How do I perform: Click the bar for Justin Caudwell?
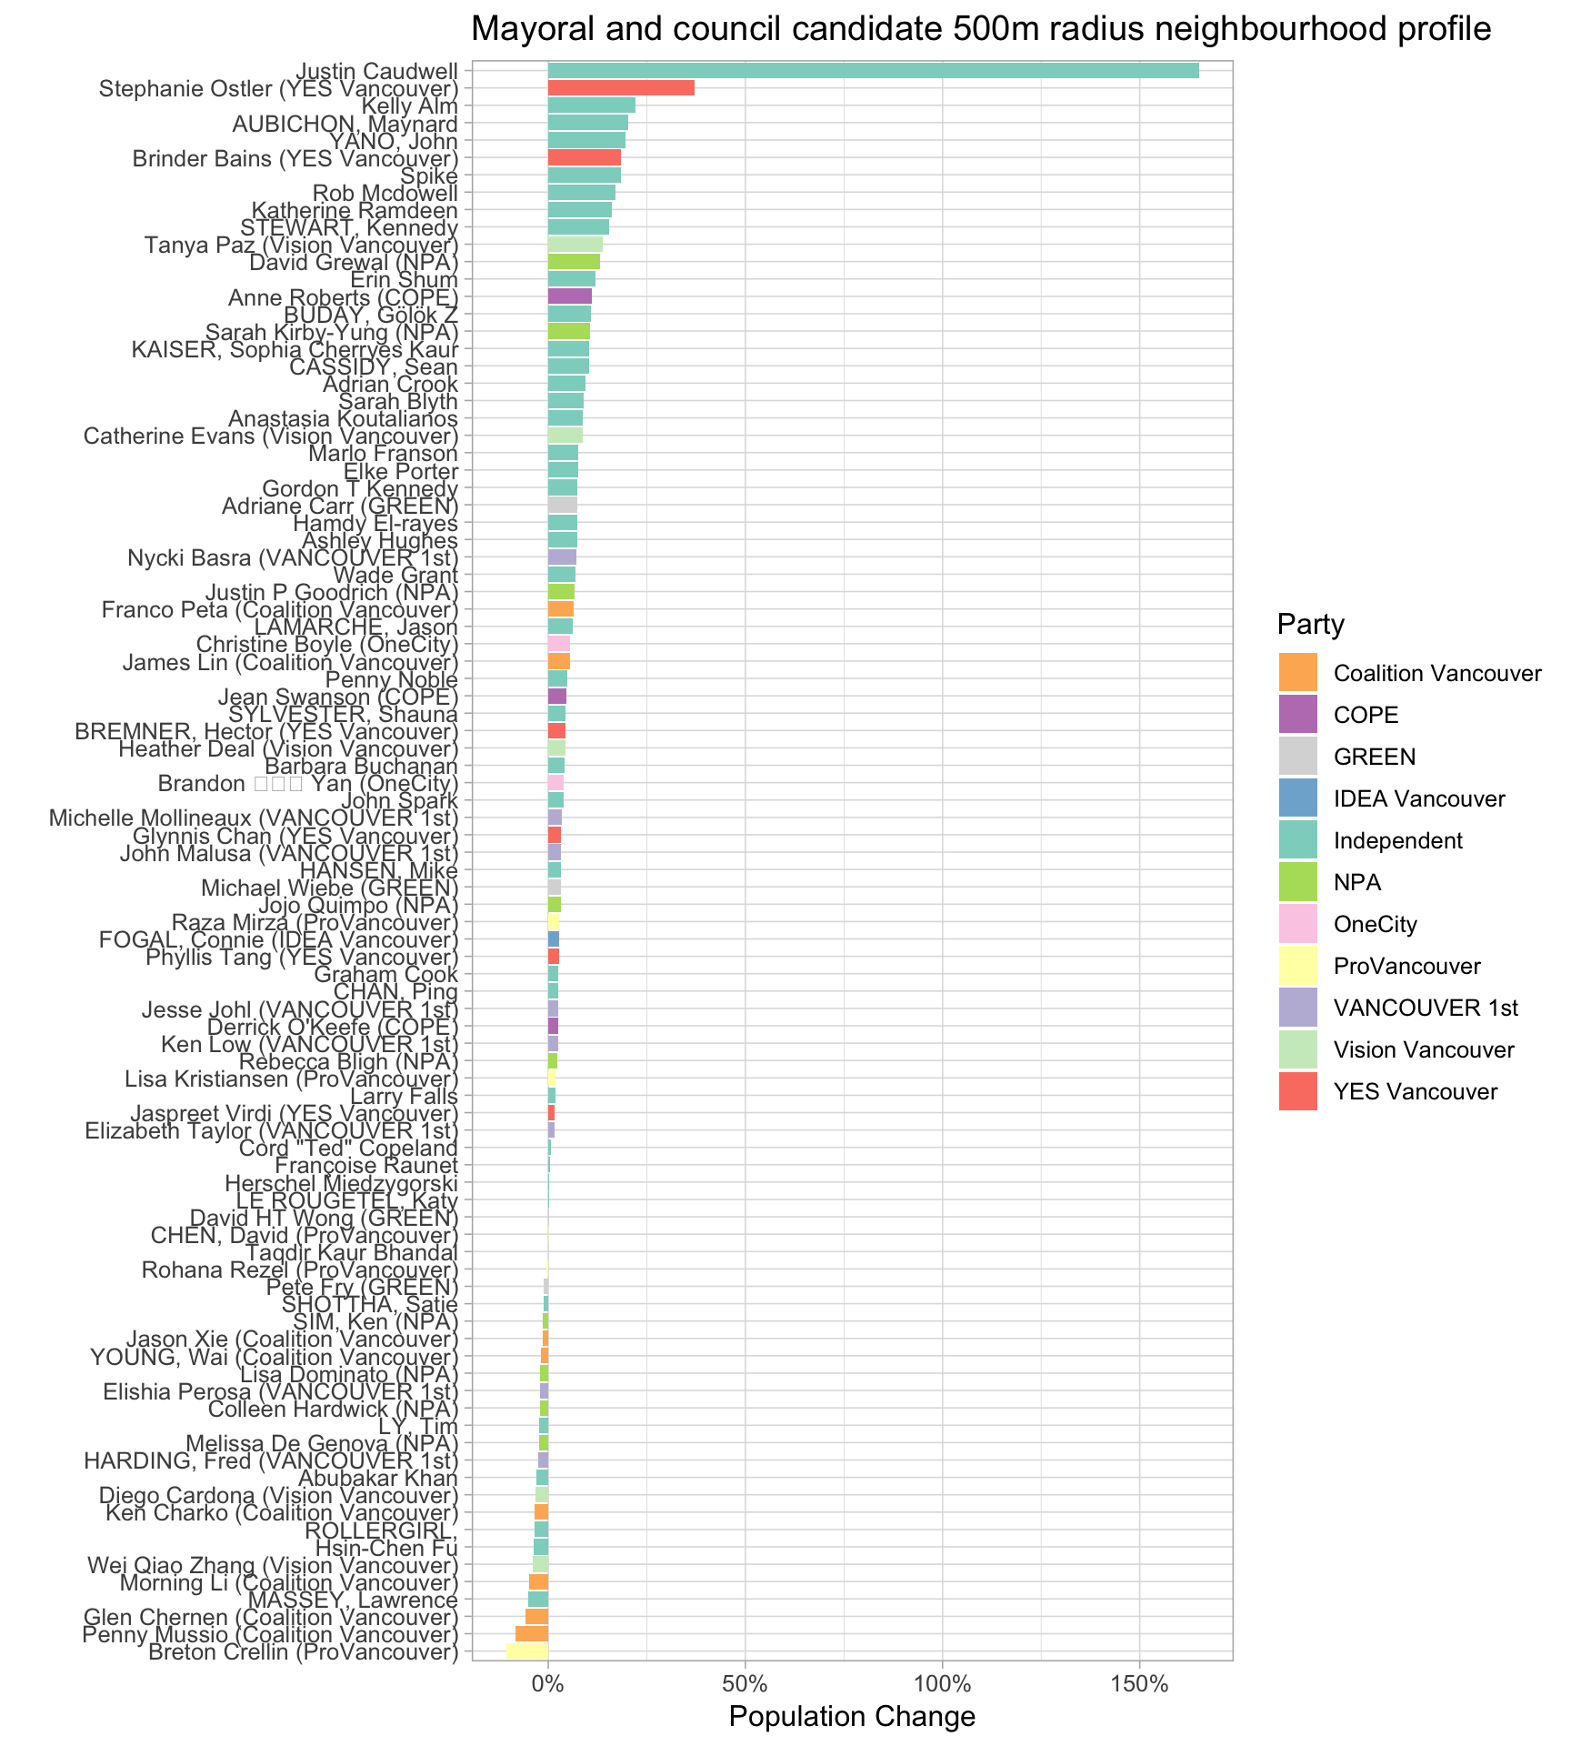873,71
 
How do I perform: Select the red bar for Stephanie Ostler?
621,88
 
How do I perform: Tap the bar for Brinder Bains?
584,157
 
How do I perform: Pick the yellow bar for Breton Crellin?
527,1651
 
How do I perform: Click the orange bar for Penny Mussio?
532,1633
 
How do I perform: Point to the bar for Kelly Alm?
591,105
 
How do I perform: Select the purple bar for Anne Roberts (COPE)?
569,296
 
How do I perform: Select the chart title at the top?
981,30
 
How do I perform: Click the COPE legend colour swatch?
1297,715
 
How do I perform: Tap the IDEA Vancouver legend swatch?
1297,798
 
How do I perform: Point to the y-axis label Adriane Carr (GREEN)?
340,505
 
